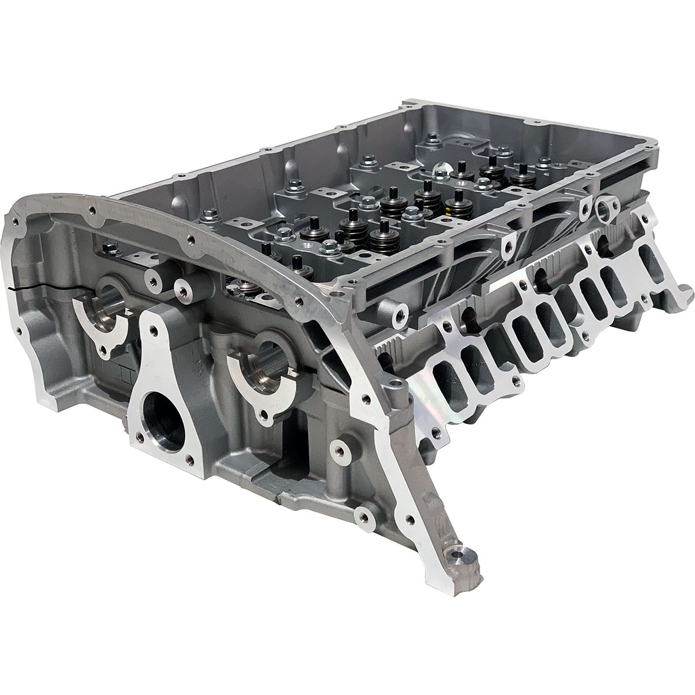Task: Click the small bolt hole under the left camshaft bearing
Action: coord(104,350)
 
